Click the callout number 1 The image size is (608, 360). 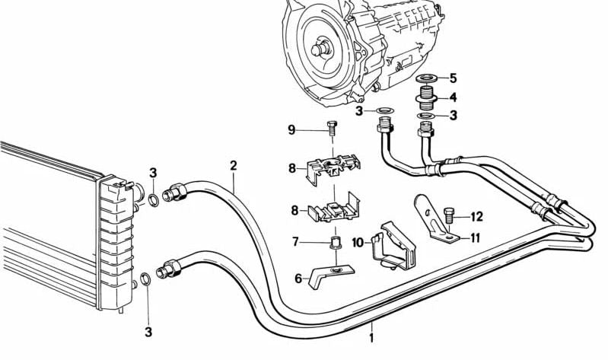click(371, 336)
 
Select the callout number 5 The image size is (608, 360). click(453, 78)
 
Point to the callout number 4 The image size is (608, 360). click(453, 97)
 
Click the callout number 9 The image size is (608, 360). click(291, 129)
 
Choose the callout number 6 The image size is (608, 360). click(298, 279)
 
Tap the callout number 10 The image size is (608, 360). click(358, 243)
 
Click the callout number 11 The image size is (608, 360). click(475, 237)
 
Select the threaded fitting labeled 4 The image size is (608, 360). click(425, 97)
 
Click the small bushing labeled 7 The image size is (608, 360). click(333, 243)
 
